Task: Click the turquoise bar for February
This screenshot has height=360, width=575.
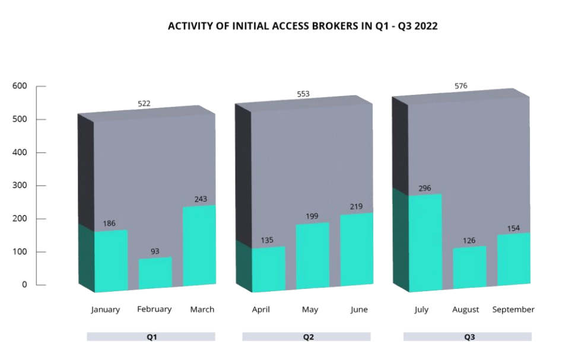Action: tap(155, 273)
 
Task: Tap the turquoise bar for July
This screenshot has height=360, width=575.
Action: tap(425, 242)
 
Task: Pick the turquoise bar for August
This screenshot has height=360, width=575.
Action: tap(469, 267)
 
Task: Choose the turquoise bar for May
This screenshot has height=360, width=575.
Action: tap(312, 256)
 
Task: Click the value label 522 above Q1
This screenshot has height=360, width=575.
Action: tap(144, 103)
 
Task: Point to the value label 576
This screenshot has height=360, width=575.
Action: tap(460, 86)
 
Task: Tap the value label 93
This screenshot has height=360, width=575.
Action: tap(155, 251)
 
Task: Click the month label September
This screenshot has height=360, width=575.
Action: tap(513, 310)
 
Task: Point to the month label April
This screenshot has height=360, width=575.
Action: tap(261, 310)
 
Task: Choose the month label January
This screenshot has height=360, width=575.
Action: tap(106, 310)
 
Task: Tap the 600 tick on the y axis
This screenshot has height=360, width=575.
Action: tap(20, 86)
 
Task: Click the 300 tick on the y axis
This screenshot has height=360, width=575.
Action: tap(20, 186)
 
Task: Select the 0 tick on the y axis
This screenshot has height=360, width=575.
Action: tap(24, 285)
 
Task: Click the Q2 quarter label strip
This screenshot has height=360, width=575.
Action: tap(306, 337)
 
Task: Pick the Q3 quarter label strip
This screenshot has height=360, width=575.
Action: tap(468, 337)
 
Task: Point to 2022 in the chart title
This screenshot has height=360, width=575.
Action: tap(425, 26)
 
